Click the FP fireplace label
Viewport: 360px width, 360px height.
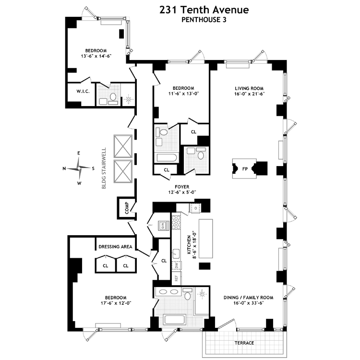point(245,169)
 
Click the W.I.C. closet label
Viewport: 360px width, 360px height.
point(80,91)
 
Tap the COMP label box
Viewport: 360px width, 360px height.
point(127,207)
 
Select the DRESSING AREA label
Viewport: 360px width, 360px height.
point(115,247)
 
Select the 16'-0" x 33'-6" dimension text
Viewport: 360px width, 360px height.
point(248,303)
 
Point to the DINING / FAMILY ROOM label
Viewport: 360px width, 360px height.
point(248,298)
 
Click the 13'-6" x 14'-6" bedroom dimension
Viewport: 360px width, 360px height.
point(96,56)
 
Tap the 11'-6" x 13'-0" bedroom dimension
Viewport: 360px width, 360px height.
point(183,94)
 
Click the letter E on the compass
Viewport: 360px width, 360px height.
point(79,153)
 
